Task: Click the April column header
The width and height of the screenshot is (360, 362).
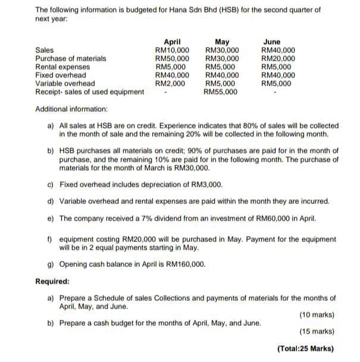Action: click(x=172, y=42)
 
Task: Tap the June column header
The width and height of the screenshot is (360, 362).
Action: click(x=271, y=42)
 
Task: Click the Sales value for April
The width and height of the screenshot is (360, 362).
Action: click(x=172, y=51)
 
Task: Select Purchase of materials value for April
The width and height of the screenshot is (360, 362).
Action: click(x=172, y=59)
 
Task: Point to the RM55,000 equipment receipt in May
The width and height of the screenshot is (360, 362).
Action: click(x=221, y=92)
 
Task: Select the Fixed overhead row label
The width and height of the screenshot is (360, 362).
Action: click(x=60, y=75)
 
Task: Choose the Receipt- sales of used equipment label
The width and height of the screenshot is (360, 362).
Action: click(x=90, y=92)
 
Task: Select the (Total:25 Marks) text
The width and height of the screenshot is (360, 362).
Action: click(x=306, y=350)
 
